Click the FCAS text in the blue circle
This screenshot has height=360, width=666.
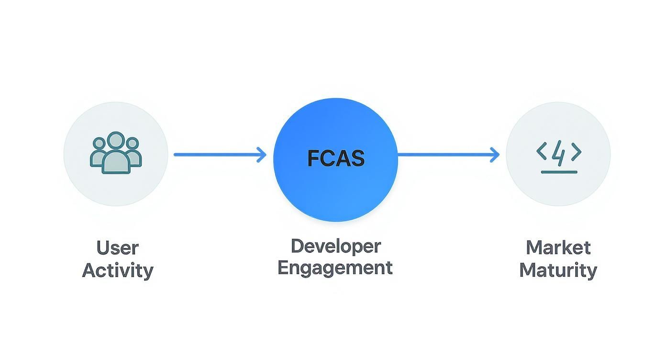pyautogui.click(x=335, y=158)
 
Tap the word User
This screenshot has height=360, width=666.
pyautogui.click(x=117, y=248)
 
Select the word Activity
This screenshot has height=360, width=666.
pyautogui.click(x=118, y=270)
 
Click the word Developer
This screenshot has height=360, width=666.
pyautogui.click(x=335, y=246)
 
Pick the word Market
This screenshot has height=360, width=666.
pyautogui.click(x=558, y=247)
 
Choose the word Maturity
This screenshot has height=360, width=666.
pyautogui.click(x=558, y=270)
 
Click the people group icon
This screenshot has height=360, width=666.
pyautogui.click(x=116, y=153)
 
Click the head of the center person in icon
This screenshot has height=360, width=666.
pyautogui.click(x=116, y=141)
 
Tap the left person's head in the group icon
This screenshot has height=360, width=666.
pyautogui.click(x=100, y=143)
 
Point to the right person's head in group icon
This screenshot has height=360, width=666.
pyautogui.click(x=132, y=143)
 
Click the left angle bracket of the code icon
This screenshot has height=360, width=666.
pyautogui.click(x=542, y=152)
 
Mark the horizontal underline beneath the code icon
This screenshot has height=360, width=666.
pyautogui.click(x=559, y=172)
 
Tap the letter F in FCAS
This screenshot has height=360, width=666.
pyautogui.click(x=313, y=158)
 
